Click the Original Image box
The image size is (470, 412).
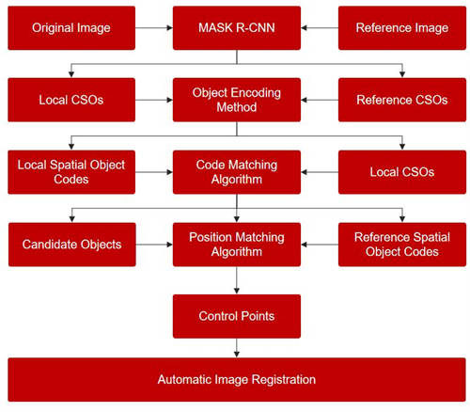click(71, 28)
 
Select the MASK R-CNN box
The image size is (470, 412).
click(237, 28)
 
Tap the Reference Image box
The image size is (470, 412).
click(402, 28)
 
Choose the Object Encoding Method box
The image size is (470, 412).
click(237, 100)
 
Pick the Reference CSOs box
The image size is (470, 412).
click(402, 100)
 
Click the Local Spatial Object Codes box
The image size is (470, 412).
click(71, 172)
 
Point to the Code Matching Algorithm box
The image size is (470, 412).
click(237, 172)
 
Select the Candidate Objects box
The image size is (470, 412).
click(72, 245)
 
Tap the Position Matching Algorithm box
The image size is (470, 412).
click(237, 245)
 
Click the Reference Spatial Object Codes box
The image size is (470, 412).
click(402, 245)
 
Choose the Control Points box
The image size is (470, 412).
click(237, 316)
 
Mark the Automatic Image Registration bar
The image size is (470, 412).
click(237, 380)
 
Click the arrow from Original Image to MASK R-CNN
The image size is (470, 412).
click(154, 28)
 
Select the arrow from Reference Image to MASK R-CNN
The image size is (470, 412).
click(320, 28)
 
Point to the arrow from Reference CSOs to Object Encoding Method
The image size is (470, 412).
click(320, 100)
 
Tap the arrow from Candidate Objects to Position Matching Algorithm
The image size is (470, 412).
click(154, 245)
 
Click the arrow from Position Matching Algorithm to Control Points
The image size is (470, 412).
click(237, 280)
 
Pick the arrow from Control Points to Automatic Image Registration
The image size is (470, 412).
click(237, 348)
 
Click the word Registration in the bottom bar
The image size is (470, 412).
click(284, 380)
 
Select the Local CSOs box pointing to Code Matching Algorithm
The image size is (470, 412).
click(402, 172)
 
